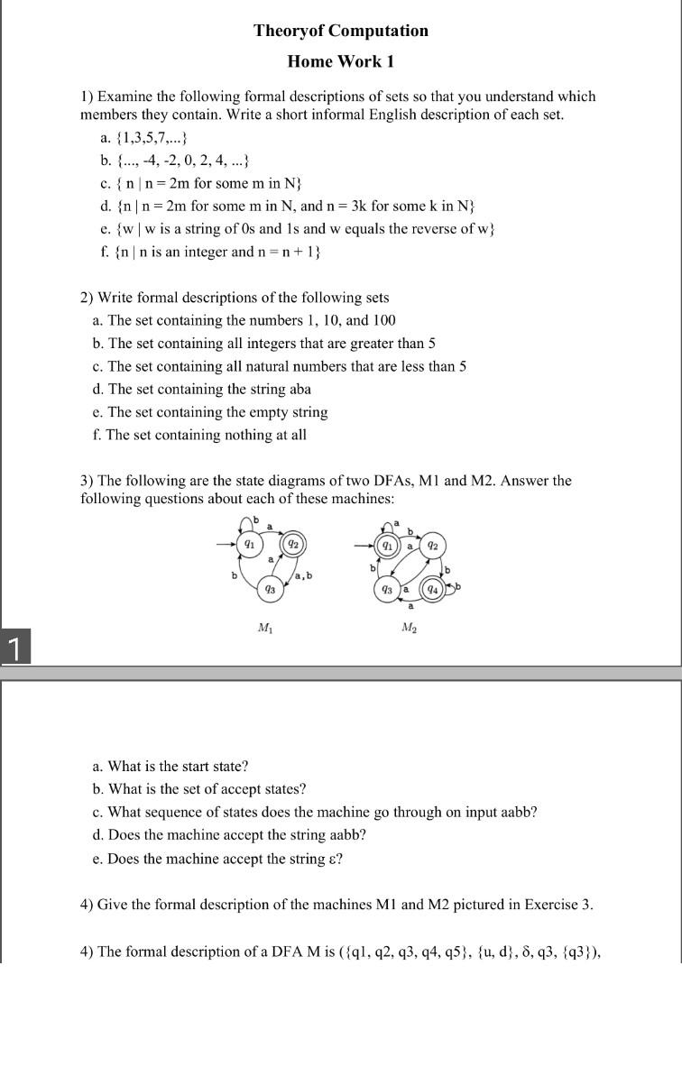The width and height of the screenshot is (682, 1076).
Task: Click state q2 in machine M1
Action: [x=293, y=544]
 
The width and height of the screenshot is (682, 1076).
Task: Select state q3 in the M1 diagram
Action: [x=270, y=589]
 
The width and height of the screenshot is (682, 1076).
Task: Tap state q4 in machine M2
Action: [x=434, y=589]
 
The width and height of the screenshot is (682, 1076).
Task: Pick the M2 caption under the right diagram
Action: [x=409, y=628]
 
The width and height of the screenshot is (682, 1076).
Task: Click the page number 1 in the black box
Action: [x=14, y=648]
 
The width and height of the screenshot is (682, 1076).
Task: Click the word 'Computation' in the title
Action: [x=378, y=31]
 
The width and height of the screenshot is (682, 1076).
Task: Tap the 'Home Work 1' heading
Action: [x=340, y=61]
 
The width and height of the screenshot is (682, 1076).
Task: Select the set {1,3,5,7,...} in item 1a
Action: [x=147, y=138]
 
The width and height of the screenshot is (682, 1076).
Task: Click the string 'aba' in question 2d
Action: [x=299, y=390]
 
